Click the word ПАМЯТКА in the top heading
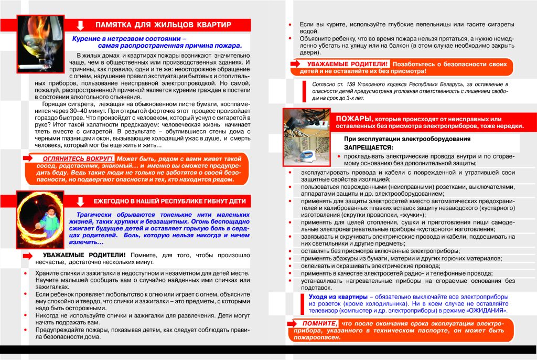pos(115,25)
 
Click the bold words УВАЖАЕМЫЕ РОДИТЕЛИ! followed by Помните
pos(84,255)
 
